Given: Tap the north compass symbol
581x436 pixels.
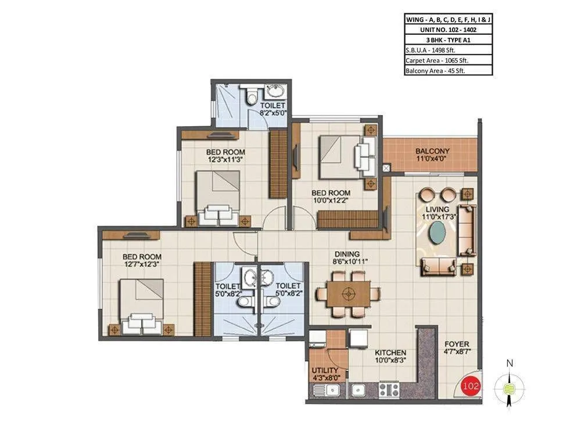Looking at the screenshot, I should coord(510,387).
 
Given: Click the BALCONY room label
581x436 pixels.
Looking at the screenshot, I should coord(432,151).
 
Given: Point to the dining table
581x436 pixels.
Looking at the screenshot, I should coord(348,294).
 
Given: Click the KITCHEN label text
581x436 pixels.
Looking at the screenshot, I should coord(390,353).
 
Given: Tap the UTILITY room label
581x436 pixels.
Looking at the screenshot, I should coord(324,370).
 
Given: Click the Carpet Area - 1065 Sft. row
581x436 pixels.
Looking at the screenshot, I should coord(448,60).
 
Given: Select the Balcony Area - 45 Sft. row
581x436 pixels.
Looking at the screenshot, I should coord(448,70).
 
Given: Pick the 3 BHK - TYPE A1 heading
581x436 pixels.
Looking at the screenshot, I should coord(448,39).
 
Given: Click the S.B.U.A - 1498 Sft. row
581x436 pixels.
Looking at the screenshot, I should coord(448,49).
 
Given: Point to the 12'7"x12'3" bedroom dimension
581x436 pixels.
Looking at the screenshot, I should coord(142,264).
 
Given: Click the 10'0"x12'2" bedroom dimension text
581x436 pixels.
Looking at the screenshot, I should coord(331,201).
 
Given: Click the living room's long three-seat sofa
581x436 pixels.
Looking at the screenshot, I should coord(467,230).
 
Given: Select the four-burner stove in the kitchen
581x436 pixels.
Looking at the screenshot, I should coord(389,389).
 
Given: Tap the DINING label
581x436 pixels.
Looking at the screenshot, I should coord(347,254).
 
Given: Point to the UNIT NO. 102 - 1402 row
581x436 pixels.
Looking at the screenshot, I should coord(448,28).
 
